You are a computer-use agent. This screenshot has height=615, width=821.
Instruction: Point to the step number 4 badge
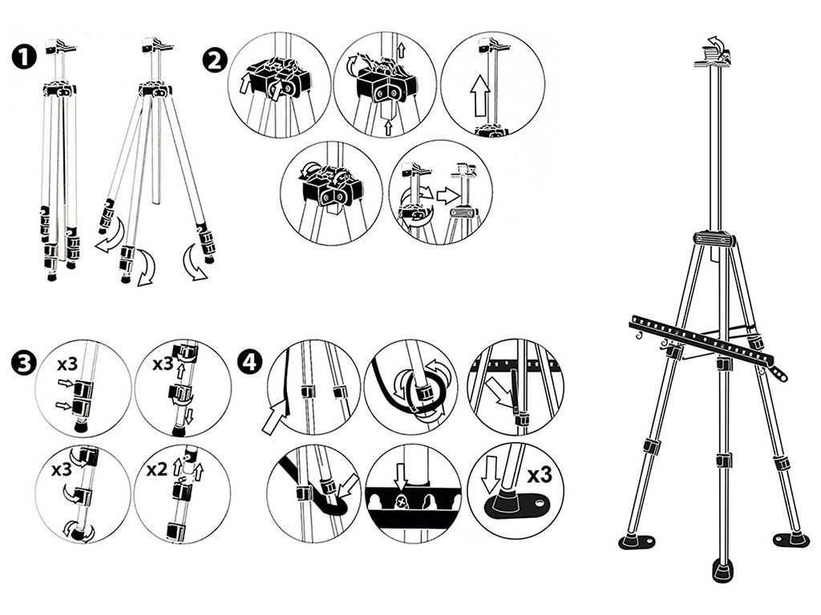pyautogui.click(x=251, y=361)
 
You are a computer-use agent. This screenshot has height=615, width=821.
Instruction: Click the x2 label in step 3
pyautogui.click(x=157, y=468)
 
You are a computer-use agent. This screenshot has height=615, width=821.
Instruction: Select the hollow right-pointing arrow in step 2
pyautogui.click(x=451, y=195)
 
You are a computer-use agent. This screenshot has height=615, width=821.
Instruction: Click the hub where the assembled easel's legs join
pyautogui.click(x=714, y=239)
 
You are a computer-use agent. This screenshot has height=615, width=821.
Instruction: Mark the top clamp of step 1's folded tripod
pyautogui.click(x=62, y=46)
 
